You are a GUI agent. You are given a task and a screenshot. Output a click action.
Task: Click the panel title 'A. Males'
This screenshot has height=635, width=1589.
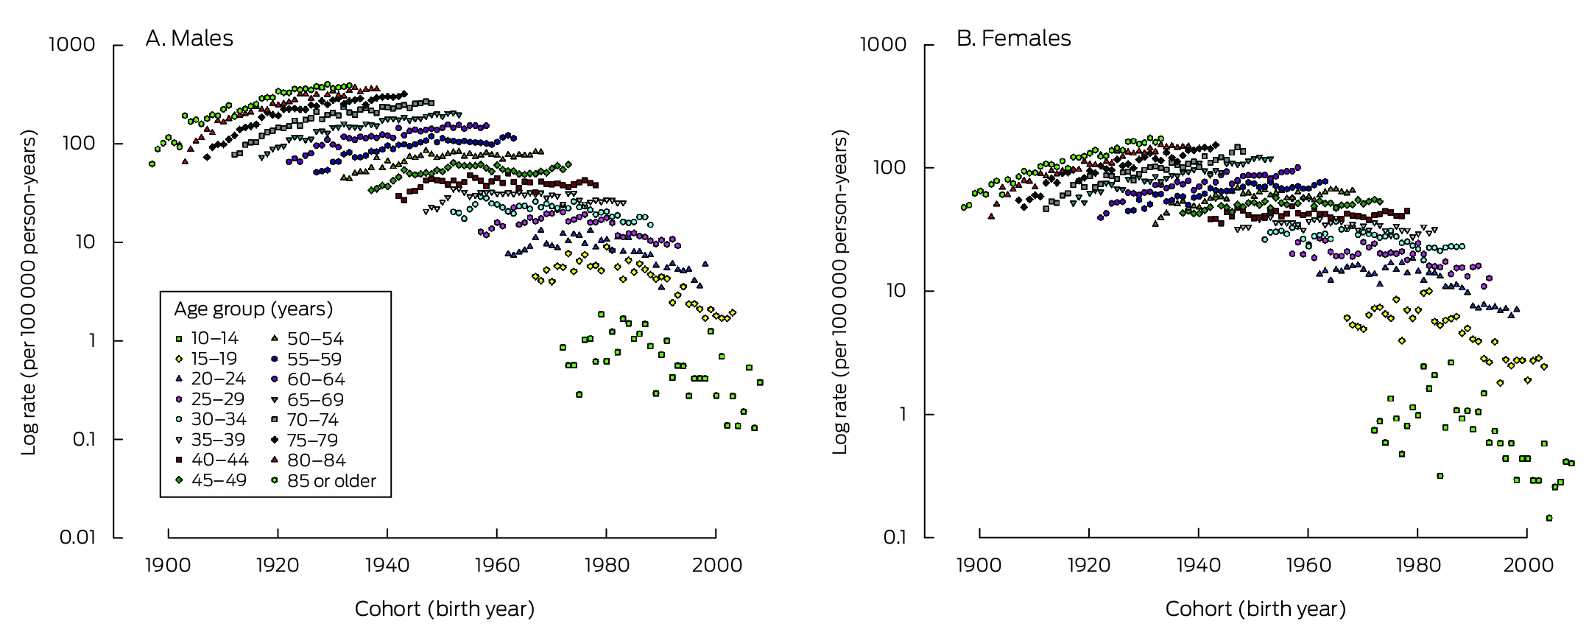pyautogui.click(x=189, y=38)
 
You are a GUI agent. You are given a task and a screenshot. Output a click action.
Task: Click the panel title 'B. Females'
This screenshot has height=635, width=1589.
pyautogui.click(x=1013, y=38)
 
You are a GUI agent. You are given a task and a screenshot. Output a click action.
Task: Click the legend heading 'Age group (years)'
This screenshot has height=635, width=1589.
pyautogui.click(x=253, y=309)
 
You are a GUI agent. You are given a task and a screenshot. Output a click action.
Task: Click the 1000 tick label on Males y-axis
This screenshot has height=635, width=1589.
pyautogui.click(x=71, y=45)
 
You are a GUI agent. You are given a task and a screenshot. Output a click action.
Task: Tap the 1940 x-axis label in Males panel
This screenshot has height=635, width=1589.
pyautogui.click(x=387, y=565)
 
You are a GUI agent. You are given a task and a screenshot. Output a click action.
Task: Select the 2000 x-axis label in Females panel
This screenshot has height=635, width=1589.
pyautogui.click(x=1527, y=565)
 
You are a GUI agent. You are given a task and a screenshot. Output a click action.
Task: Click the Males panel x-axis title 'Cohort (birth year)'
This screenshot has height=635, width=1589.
pyautogui.click(x=444, y=609)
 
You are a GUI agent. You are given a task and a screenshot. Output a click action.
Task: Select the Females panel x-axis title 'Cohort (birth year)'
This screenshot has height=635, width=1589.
pyautogui.click(x=1255, y=609)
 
